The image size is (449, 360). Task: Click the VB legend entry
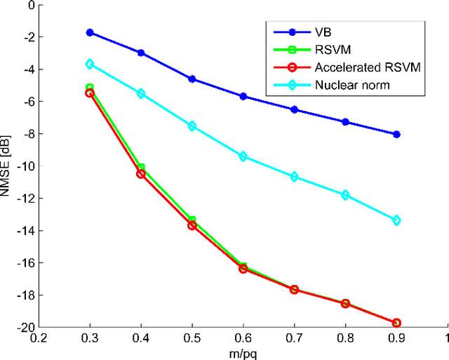(x=303, y=32)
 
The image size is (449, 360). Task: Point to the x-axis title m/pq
(x=243, y=353)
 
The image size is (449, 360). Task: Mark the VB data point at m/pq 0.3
(x=90, y=32)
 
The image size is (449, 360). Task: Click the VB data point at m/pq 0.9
(x=396, y=134)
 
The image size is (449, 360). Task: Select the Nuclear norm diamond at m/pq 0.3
(x=90, y=64)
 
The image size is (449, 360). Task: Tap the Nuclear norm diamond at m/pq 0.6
(x=243, y=156)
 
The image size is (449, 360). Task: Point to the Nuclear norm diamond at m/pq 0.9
(x=396, y=220)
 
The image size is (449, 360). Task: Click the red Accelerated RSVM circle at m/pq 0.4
(x=141, y=174)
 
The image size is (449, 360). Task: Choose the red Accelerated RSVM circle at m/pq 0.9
(x=396, y=323)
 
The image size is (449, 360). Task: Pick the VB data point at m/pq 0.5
(x=192, y=79)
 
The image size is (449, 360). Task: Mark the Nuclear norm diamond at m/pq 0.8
(x=345, y=195)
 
